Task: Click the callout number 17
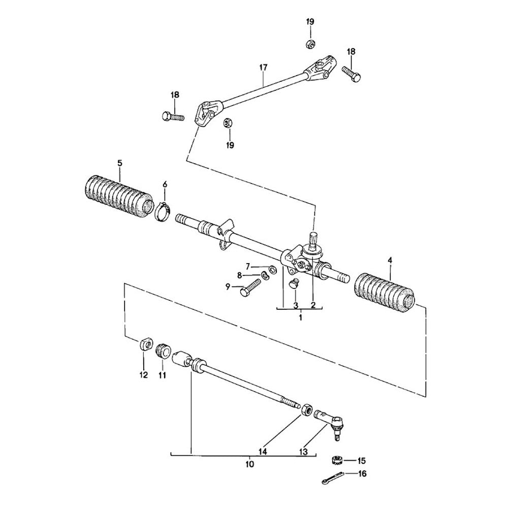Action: [x=263, y=67]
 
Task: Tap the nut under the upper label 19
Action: [x=310, y=44]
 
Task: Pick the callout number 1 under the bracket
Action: [x=300, y=317]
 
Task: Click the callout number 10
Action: [x=249, y=464]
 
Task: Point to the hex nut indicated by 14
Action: [x=307, y=409]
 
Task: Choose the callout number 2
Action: [x=313, y=305]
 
